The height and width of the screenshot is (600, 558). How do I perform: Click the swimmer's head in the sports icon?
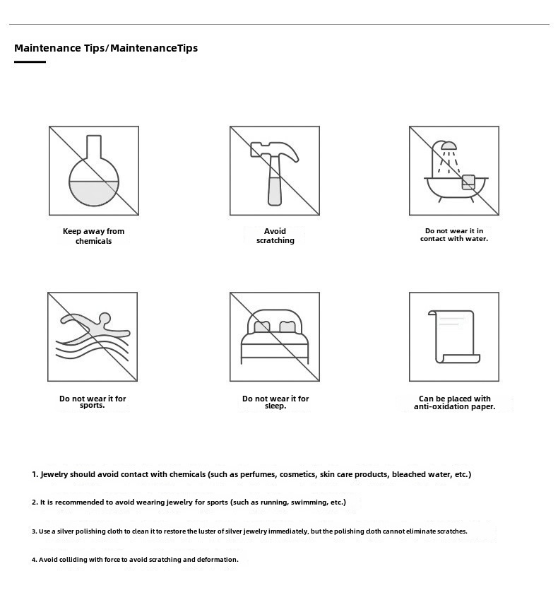(105, 318)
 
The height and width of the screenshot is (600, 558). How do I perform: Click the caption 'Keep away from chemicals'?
(93, 236)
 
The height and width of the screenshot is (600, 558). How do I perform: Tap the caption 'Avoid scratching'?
(275, 236)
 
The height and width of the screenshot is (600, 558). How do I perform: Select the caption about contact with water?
(454, 235)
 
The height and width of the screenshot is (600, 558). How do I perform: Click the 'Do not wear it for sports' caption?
(93, 401)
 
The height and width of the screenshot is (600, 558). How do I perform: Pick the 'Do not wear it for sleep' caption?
(275, 402)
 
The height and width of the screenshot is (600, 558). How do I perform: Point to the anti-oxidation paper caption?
(454, 402)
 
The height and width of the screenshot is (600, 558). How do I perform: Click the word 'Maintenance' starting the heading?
(47, 48)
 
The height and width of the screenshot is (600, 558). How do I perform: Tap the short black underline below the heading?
(30, 62)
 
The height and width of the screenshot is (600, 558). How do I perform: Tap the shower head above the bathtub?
(448, 146)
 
